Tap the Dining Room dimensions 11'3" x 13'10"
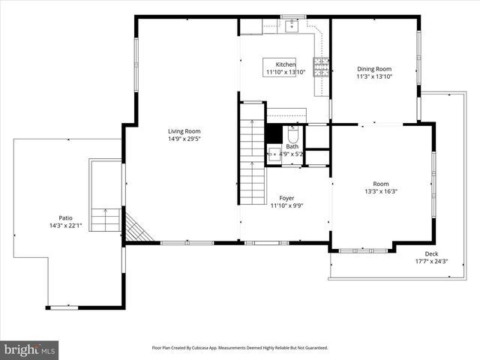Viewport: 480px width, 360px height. click(374, 76)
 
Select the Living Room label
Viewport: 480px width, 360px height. click(184, 130)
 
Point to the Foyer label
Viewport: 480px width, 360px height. click(286, 198)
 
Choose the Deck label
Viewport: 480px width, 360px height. click(431, 253)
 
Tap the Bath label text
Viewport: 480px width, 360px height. click(291, 146)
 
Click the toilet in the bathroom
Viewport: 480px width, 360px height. click(292, 135)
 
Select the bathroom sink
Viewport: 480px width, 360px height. click(274, 155)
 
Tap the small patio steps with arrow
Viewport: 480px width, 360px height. click(106, 220)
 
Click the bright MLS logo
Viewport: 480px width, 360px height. click(30, 349)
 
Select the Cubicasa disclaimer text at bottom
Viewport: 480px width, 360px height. click(240, 348)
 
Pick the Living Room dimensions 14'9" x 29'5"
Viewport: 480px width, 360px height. click(184, 139)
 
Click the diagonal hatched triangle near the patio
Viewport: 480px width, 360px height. click(136, 229)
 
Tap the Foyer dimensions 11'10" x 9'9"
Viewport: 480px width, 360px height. click(286, 205)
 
